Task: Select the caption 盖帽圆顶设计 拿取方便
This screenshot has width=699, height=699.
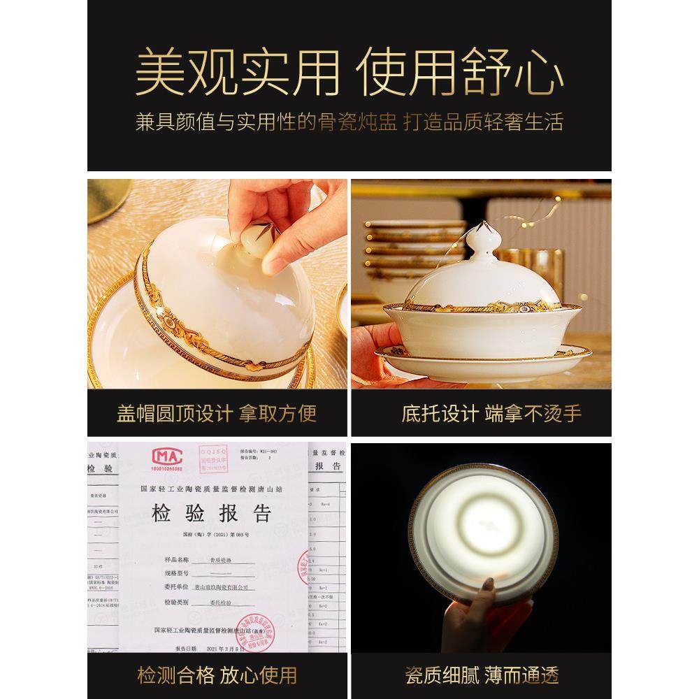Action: point(217,413)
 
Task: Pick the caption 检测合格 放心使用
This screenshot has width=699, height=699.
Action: point(217,675)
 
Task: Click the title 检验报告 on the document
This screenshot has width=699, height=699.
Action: point(212,515)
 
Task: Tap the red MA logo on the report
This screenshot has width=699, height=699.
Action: point(168,459)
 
